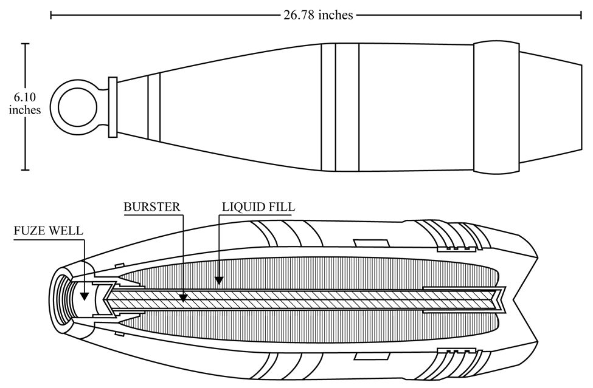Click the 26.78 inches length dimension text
click(318, 15)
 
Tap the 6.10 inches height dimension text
click(25, 103)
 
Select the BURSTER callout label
click(152, 207)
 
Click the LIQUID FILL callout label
click(258, 207)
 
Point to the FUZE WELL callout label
click(49, 231)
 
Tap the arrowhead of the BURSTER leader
click(183, 298)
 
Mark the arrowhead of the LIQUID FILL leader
click(219, 280)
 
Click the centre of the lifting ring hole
click(77, 107)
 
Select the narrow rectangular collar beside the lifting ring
click(113, 107)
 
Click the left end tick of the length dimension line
click(51, 15)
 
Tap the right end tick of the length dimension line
click(581, 15)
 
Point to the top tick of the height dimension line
click(26, 44)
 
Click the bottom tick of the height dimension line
click(26, 170)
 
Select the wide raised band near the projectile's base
click(496, 107)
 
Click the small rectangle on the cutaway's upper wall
click(370, 243)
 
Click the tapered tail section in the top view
click(550, 107)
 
